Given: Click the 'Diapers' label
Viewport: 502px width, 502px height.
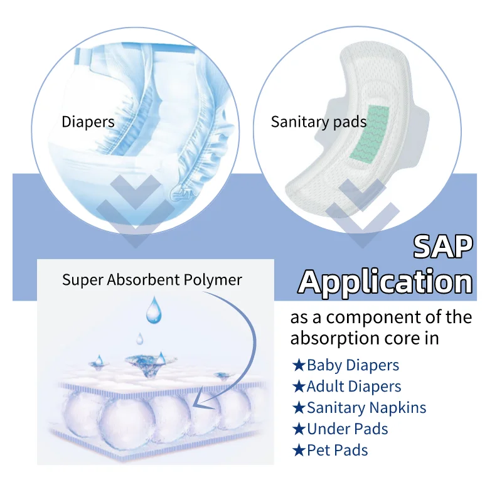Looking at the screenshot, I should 88,121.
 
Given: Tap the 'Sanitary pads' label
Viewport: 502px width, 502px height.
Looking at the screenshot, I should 318,121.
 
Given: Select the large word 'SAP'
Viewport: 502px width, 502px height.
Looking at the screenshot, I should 442,247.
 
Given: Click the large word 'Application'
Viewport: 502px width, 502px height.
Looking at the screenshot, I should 385,282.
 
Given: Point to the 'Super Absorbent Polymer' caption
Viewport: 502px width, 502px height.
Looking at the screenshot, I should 152,279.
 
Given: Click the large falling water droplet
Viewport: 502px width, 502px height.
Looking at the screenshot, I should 152,311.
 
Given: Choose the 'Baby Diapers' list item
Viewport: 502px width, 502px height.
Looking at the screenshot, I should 353,365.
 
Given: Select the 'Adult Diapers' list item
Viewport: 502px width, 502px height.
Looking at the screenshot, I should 354,387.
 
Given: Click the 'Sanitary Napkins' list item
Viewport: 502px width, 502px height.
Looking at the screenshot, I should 366,408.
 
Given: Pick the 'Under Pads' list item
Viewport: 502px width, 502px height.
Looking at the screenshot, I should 347,429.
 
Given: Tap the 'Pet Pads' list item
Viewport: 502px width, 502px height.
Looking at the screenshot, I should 337,450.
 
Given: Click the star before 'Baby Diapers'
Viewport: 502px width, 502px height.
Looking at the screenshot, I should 299,365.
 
